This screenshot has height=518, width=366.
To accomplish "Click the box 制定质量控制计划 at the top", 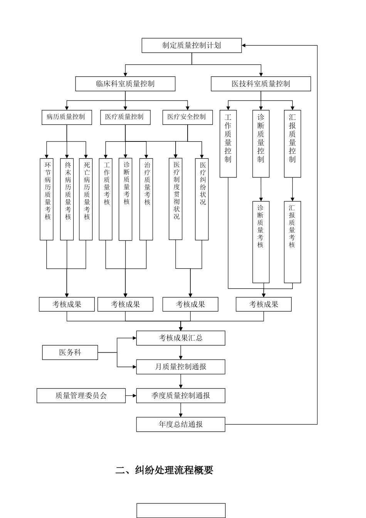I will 191,45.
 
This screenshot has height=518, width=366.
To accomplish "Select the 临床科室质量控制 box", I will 125,84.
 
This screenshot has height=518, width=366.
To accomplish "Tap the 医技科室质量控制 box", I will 261,84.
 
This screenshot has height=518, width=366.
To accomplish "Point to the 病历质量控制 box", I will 67,117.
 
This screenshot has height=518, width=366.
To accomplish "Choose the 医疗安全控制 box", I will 187,117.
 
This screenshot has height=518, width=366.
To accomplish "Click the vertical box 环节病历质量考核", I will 47,199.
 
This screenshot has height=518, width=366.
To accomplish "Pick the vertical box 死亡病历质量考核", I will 86,199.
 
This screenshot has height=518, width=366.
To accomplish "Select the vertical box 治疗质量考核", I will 146,199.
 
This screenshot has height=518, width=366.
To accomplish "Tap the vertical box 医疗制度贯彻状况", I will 176,199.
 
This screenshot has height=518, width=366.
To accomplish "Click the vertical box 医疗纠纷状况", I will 202,199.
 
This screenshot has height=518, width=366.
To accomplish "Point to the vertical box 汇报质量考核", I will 292,242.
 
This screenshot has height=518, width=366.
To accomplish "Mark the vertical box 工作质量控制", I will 228,144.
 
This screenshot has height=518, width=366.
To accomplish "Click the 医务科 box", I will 70,352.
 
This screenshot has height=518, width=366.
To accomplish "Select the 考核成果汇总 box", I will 181,338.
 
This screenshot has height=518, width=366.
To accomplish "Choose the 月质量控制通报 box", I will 181,367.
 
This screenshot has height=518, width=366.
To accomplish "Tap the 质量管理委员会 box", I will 81,395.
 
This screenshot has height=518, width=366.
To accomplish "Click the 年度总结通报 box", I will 181,424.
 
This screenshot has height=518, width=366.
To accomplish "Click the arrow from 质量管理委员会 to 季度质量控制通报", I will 131,395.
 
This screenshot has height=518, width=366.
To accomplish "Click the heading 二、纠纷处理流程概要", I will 165,470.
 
